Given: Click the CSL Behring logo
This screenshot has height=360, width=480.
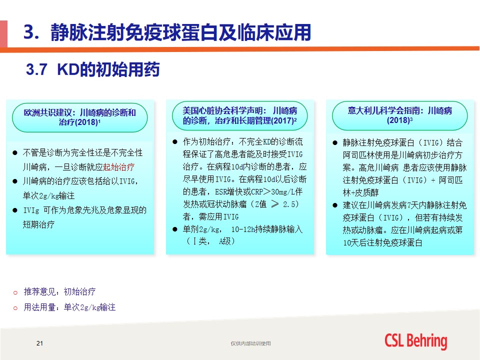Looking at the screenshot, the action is (415, 341).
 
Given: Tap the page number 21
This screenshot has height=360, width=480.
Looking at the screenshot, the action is (39, 343).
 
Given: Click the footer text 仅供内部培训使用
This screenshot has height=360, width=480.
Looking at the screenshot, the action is (250, 343).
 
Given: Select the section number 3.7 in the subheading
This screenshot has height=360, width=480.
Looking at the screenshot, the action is (36, 69).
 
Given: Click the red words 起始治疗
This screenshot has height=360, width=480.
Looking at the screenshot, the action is (119, 167).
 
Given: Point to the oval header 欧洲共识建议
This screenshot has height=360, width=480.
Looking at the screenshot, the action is (79, 117).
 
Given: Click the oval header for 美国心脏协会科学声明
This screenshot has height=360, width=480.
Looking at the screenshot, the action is (239, 115).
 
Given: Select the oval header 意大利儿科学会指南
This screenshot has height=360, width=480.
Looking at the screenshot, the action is (400, 115).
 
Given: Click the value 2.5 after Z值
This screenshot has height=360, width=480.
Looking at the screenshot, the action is (290, 204).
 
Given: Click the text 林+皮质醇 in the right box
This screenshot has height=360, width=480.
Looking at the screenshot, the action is (360, 192).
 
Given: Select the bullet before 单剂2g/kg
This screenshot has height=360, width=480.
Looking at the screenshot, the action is (175, 229).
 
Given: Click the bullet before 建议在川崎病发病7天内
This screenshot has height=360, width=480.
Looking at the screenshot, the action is (335, 205).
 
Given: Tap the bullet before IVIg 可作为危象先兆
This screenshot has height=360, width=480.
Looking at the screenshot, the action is (15, 210).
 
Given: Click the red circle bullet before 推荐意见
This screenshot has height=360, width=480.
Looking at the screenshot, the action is (15, 293).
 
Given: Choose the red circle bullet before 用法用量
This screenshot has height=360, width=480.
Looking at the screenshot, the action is (15, 308).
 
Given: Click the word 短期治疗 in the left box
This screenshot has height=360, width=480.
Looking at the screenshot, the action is (38, 224).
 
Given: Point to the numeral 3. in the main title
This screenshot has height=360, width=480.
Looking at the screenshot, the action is (31, 32).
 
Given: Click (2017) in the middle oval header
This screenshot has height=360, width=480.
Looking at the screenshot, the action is (283, 120).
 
